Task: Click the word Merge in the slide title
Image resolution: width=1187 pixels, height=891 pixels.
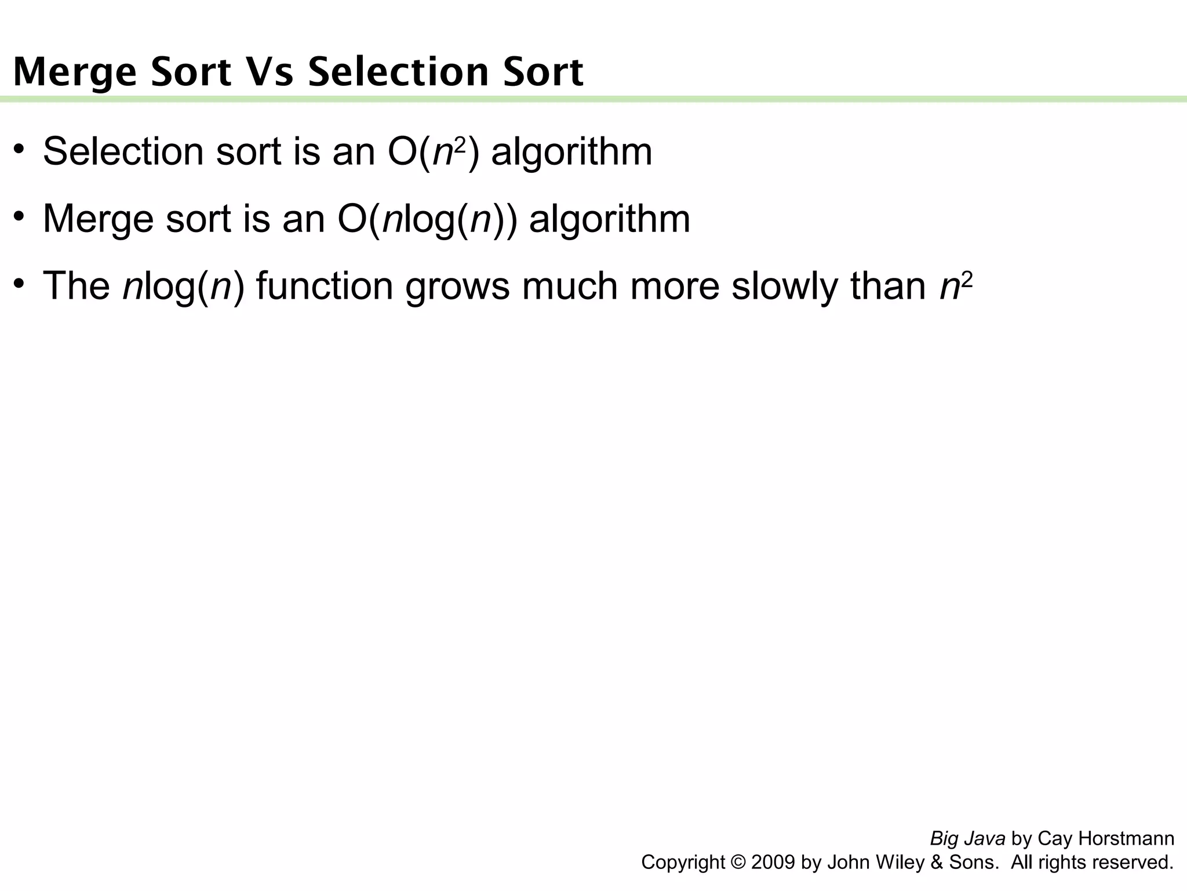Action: (x=75, y=73)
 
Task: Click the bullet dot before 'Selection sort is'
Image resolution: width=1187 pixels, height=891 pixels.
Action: (x=20, y=148)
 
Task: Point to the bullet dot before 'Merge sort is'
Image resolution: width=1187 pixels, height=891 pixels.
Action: (x=20, y=215)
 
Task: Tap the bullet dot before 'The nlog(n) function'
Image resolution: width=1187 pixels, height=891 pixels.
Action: (x=20, y=282)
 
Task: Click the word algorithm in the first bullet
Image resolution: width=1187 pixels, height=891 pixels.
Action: (x=571, y=152)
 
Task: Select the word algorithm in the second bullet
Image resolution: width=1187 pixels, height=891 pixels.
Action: (x=610, y=219)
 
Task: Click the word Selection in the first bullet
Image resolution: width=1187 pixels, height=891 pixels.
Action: (x=123, y=152)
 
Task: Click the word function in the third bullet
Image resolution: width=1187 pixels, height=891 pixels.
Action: (x=325, y=286)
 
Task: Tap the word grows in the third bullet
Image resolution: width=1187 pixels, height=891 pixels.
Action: (x=457, y=287)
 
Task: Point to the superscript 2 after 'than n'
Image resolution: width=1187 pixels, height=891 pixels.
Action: (x=967, y=280)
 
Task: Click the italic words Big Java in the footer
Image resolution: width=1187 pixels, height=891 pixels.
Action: (x=967, y=839)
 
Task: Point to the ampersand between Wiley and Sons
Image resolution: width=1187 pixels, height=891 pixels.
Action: (x=936, y=863)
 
